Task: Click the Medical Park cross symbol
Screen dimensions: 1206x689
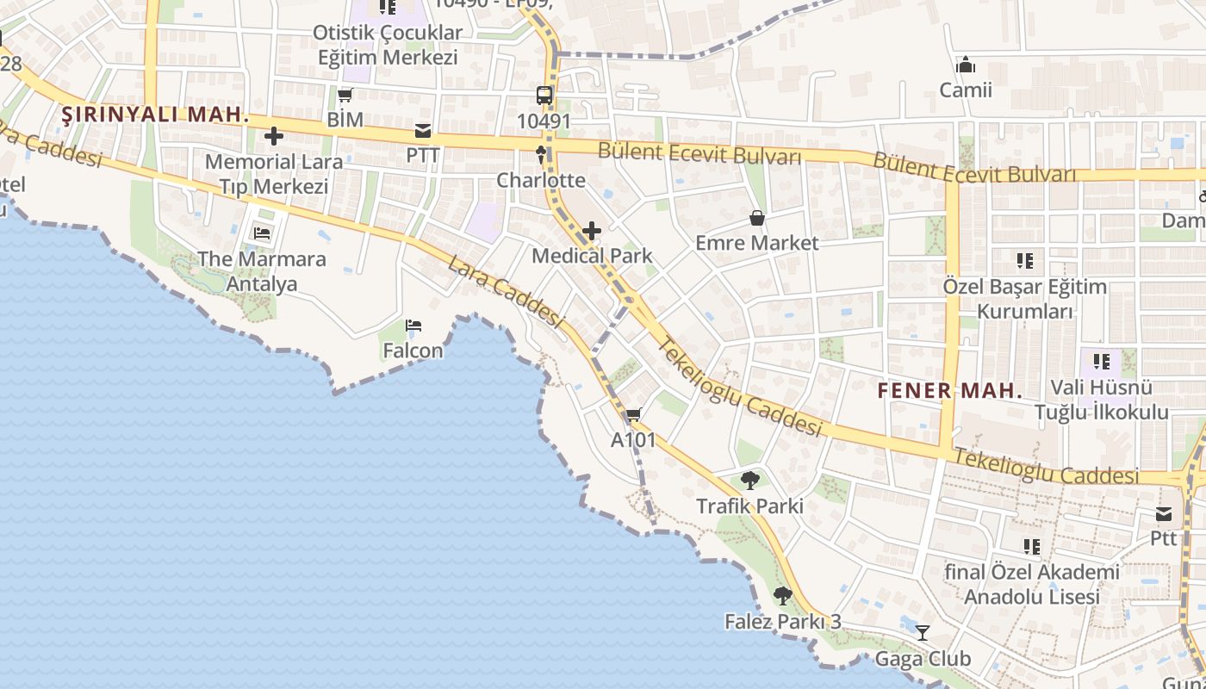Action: point(592,231)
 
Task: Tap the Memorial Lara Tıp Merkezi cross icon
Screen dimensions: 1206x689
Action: point(274,136)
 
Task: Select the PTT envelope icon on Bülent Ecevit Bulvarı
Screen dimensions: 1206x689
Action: point(423,132)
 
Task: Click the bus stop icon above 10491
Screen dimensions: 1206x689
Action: point(544,96)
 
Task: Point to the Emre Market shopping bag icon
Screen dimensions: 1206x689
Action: point(757,218)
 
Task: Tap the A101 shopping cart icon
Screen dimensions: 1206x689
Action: point(634,415)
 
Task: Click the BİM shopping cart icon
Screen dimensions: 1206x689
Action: point(345,96)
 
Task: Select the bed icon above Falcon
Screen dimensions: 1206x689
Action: point(413,326)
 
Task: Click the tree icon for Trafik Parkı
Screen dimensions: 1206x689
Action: point(749,481)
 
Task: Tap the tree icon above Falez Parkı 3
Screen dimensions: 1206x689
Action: point(782,595)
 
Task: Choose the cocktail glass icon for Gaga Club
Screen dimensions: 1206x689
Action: point(923,633)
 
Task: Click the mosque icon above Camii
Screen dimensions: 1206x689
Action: point(966,65)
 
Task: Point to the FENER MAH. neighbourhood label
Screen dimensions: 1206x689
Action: point(949,390)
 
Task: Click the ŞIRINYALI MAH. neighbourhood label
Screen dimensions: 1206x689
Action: point(155,115)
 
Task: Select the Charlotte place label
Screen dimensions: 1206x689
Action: point(541,181)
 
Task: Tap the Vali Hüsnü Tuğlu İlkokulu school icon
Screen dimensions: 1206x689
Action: point(1101,362)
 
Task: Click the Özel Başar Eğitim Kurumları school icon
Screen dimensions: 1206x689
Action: point(1024,260)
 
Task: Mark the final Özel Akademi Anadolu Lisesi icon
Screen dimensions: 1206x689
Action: point(1031,546)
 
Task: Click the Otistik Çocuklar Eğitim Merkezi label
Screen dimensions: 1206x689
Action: point(388,45)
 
